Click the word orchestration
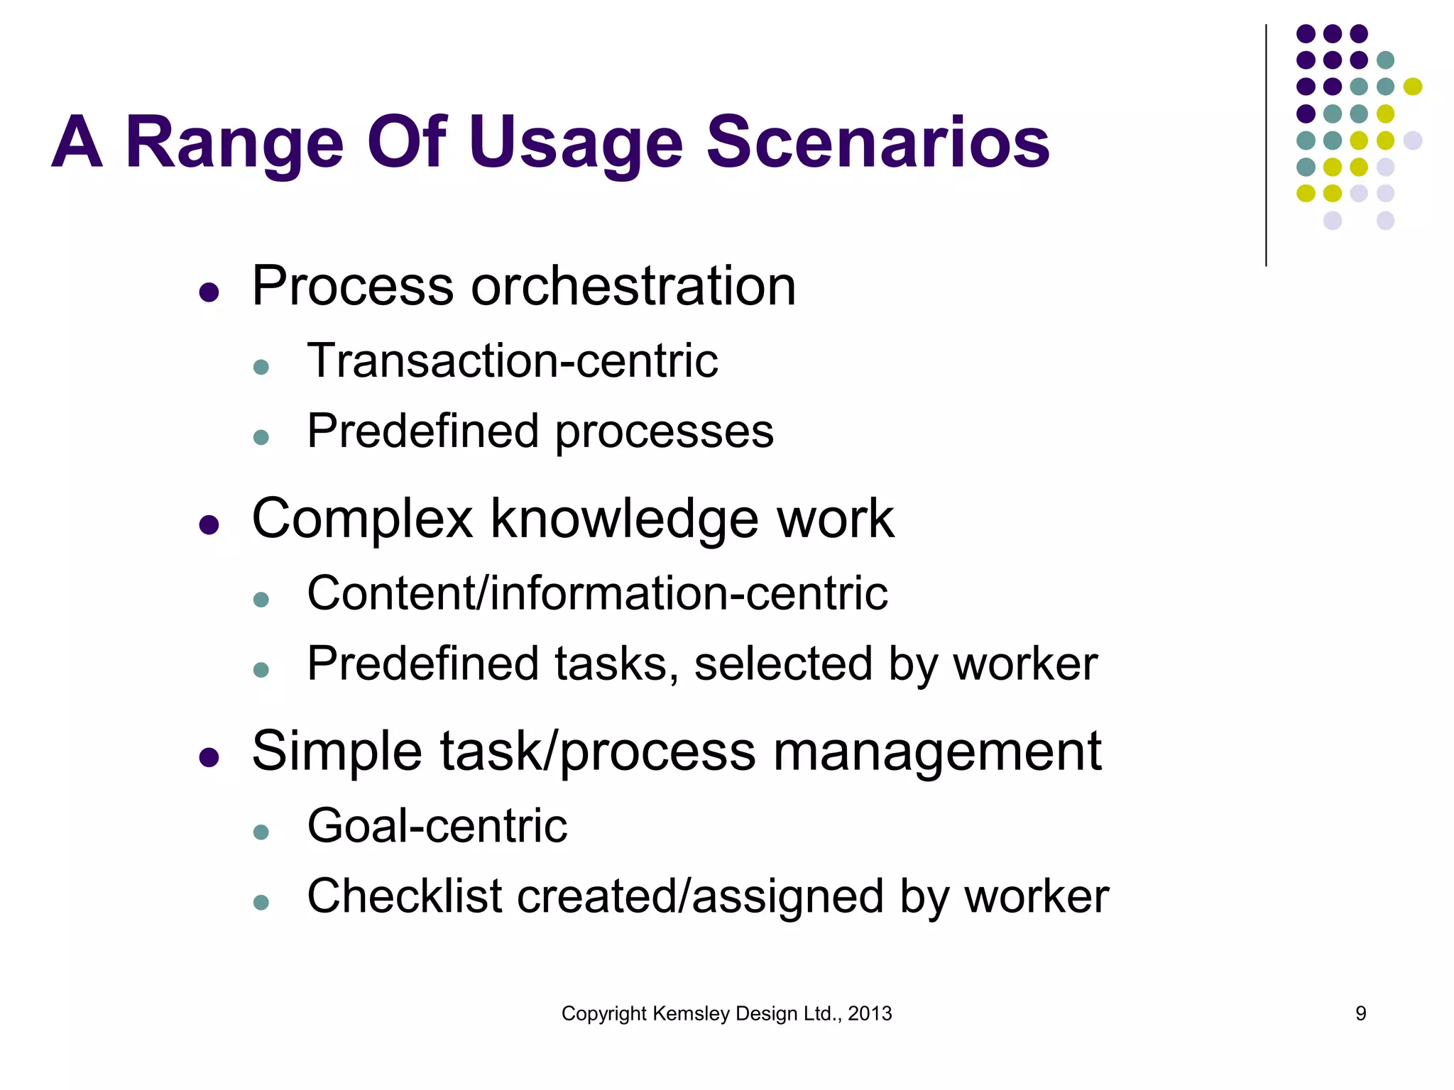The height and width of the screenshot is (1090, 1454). point(633,286)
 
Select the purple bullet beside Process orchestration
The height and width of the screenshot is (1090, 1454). point(209,292)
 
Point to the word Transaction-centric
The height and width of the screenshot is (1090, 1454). point(512,360)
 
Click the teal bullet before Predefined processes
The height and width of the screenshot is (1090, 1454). point(261,437)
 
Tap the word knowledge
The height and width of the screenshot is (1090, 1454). point(625,519)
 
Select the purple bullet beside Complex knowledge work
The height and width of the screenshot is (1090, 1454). point(209,524)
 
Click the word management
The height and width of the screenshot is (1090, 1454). point(936,752)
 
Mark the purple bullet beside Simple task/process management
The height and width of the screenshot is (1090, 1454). point(209,757)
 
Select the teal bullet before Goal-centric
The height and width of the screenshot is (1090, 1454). point(261,832)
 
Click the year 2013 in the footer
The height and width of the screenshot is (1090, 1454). point(870,1013)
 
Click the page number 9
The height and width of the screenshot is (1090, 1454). point(1360,1013)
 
